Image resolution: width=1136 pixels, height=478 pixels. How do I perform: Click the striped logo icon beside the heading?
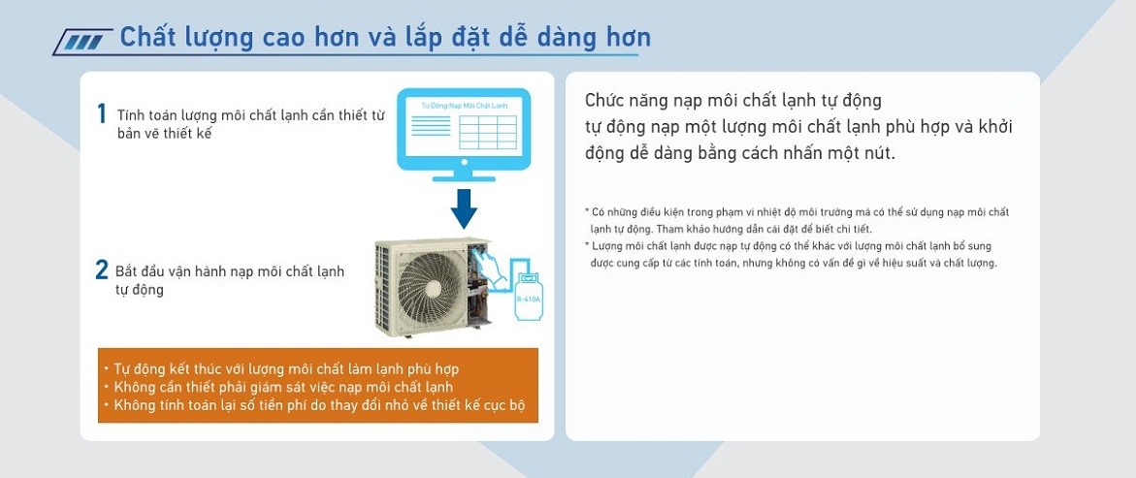(x=82, y=42)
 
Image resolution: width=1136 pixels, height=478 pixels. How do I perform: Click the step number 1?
(x=102, y=114)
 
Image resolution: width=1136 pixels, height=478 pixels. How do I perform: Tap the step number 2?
(x=102, y=271)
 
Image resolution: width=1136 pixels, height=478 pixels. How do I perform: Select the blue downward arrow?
(x=464, y=209)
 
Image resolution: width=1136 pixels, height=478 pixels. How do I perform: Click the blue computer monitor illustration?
(x=464, y=134)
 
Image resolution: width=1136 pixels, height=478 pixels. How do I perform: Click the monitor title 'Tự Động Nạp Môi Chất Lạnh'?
(x=465, y=106)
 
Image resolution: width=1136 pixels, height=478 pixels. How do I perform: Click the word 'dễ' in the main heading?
(x=513, y=38)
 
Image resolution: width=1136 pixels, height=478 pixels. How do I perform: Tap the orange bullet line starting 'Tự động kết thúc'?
(x=281, y=369)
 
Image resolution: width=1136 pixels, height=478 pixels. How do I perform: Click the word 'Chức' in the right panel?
(x=605, y=100)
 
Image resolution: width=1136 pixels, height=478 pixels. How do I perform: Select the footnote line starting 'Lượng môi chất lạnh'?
(x=789, y=246)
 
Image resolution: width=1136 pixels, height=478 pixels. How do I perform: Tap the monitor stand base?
(x=464, y=177)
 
